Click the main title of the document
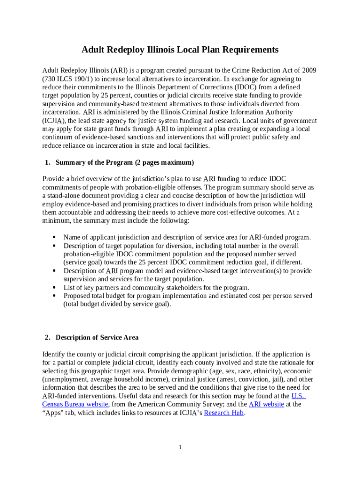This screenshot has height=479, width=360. click(x=180, y=50)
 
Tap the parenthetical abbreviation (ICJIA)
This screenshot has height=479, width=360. click(x=55, y=121)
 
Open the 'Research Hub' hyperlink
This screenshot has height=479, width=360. click(x=224, y=413)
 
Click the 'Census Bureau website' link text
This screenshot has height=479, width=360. click(x=75, y=404)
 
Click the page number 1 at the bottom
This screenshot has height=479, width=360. click(x=180, y=447)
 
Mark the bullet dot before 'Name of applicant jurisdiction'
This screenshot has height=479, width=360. click(x=56, y=238)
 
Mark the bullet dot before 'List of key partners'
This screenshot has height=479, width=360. click(x=56, y=288)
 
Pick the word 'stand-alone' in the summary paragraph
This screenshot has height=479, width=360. click(x=65, y=196)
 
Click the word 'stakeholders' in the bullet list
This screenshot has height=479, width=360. click(x=195, y=288)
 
